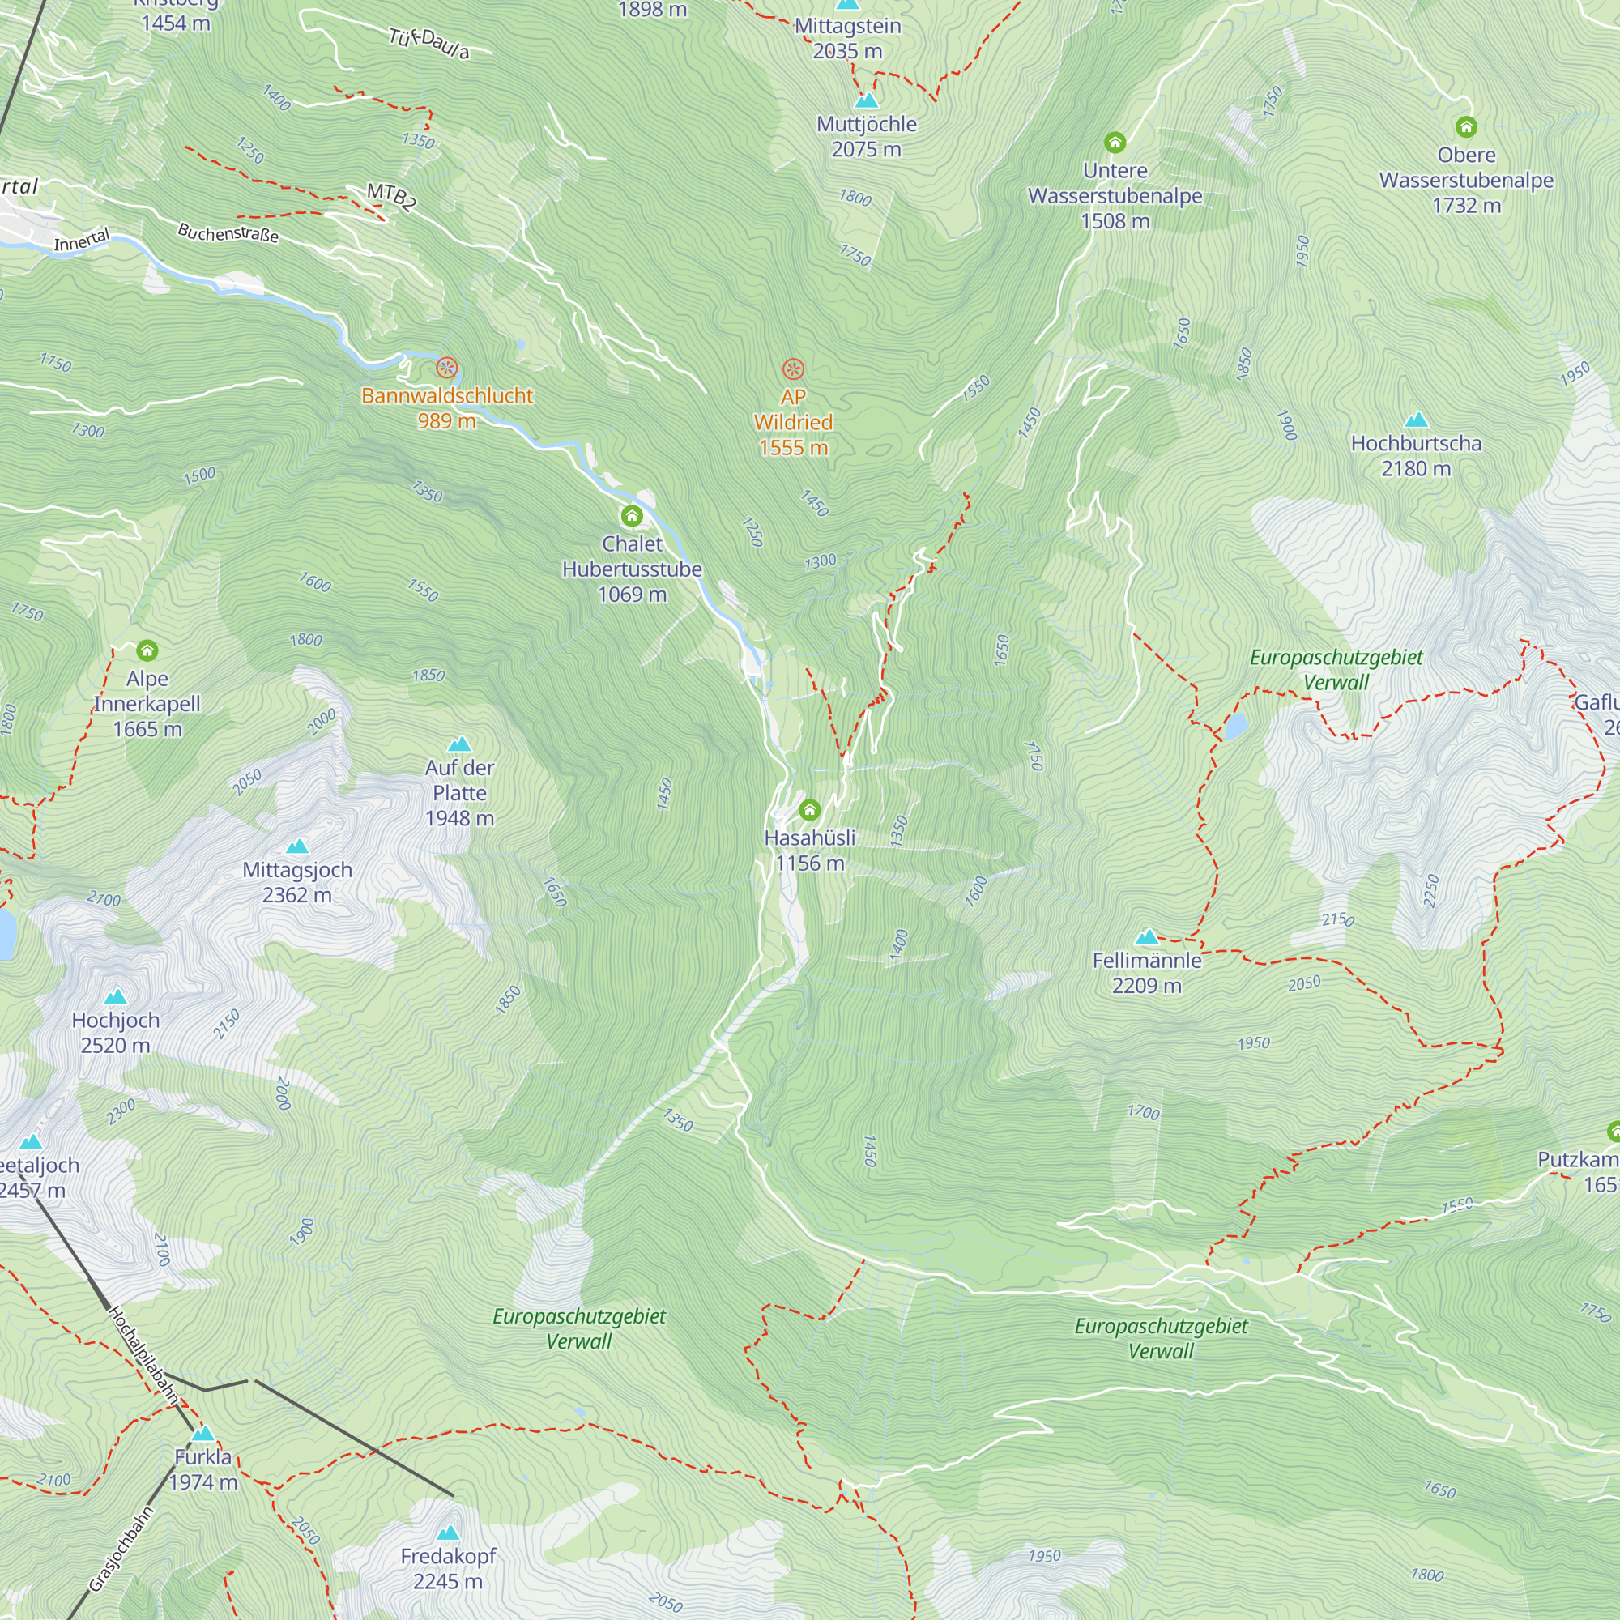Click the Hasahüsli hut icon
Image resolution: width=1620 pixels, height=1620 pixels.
[x=809, y=810]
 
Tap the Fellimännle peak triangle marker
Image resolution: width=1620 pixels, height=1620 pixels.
[x=1146, y=936]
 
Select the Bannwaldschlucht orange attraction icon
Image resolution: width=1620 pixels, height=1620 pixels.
[x=447, y=368]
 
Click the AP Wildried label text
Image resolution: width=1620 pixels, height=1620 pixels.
[x=793, y=422]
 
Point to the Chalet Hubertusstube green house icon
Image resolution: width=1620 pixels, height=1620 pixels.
[x=632, y=516]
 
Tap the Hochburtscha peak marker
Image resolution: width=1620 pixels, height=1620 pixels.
[x=1415, y=420]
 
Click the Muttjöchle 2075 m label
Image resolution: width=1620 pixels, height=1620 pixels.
[x=866, y=137]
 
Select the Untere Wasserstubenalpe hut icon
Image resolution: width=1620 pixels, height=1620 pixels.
[x=1115, y=143]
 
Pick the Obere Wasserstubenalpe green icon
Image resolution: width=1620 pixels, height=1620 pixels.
[x=1466, y=127]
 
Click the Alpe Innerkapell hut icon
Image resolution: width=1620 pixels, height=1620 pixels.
[x=147, y=650]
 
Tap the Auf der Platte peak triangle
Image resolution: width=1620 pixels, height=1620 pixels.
[x=459, y=744]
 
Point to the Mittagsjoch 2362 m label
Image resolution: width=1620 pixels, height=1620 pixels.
[x=296, y=882]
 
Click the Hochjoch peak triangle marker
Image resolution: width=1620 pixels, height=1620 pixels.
[x=116, y=997]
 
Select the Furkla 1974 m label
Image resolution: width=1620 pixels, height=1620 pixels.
[x=203, y=1469]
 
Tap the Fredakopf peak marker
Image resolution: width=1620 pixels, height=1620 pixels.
[x=449, y=1533]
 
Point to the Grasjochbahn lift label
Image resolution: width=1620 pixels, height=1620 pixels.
[x=122, y=1549]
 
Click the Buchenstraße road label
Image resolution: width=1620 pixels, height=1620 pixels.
[x=228, y=232]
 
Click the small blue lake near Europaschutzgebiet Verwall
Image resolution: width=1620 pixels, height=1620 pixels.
[x=1235, y=726]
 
